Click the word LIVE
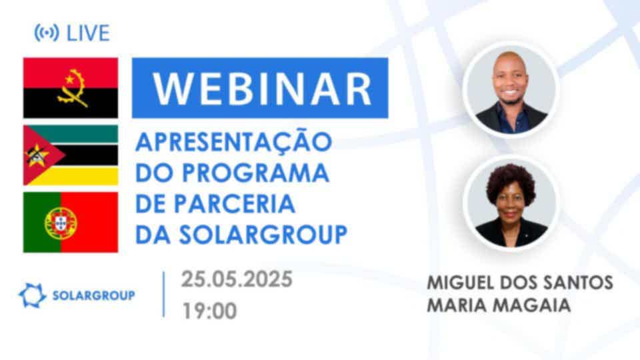[88, 33]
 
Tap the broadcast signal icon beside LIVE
[47, 33]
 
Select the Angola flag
[71, 88]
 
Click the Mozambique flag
[71, 155]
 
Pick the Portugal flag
[71, 222]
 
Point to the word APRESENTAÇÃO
[233, 143]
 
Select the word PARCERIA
[235, 204]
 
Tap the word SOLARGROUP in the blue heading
[263, 235]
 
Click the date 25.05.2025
[237, 279]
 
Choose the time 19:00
[209, 311]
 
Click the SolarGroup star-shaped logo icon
[32, 295]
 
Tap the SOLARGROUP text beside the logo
[94, 295]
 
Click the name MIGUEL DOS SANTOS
[520, 283]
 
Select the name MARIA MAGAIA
[499, 305]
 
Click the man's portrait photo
[511, 89]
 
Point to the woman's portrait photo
[511, 203]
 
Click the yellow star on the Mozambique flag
[37, 155]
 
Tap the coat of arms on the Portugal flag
[61, 223]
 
